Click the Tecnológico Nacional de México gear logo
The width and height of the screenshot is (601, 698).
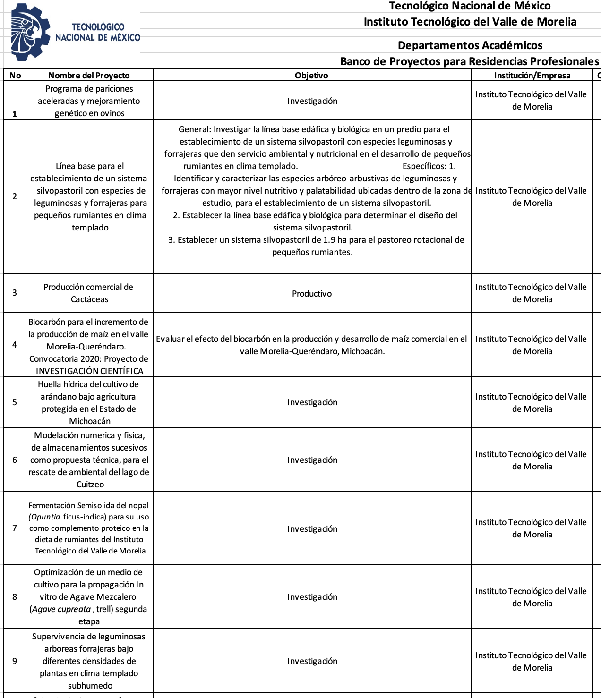(x=30, y=32)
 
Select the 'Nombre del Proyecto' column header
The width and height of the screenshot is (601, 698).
(x=89, y=76)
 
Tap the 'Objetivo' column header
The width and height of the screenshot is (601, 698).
(x=311, y=76)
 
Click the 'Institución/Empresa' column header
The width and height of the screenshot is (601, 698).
(x=532, y=76)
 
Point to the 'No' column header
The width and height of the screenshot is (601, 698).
(x=15, y=76)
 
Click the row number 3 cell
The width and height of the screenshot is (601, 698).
(x=15, y=293)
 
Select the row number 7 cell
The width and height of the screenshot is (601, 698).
(x=15, y=528)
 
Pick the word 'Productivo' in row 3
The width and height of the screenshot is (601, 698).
(x=312, y=294)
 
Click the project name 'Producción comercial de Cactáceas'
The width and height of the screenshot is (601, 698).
(x=89, y=293)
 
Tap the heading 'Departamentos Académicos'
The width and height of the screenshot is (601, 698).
(x=470, y=45)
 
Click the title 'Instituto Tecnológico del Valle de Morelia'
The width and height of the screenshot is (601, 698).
(x=470, y=22)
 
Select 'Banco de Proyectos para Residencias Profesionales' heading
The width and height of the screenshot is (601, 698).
(x=469, y=61)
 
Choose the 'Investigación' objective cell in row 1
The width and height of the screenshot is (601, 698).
(x=312, y=101)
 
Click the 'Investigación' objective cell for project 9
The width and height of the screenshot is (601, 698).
(x=312, y=661)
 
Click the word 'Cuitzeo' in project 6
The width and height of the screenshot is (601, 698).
(x=90, y=485)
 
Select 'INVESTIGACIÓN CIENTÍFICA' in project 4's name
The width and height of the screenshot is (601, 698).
(x=89, y=371)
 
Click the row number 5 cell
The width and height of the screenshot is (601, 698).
(x=15, y=402)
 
